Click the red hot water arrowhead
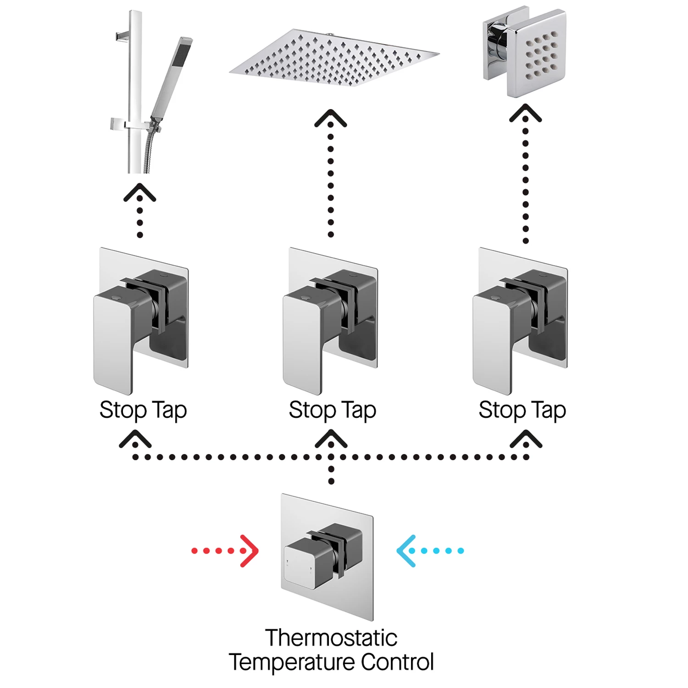250,551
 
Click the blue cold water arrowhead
405,551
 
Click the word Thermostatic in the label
331,638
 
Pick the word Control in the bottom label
397,662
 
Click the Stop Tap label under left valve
143,410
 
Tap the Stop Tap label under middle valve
333,410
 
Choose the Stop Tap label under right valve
522,410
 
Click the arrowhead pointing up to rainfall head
331,118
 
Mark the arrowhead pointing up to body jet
526,112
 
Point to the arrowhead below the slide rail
140,193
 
